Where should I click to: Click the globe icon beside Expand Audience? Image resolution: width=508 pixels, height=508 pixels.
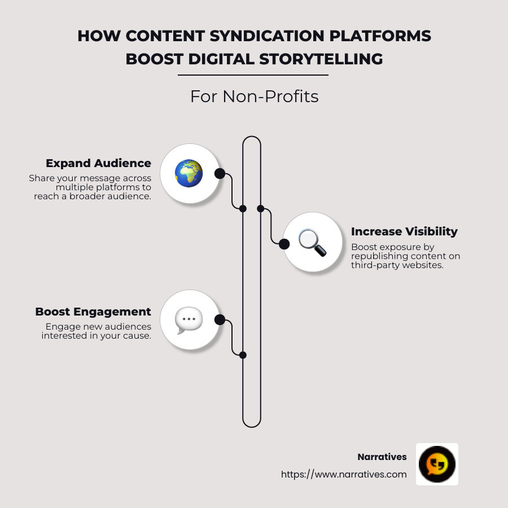pyautogui.click(x=189, y=173)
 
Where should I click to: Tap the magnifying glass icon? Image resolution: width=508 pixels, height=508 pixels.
pyautogui.click(x=312, y=242)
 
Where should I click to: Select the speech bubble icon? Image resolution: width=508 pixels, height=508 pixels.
pyautogui.click(x=189, y=320)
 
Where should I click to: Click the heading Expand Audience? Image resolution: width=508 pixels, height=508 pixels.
pyautogui.click(x=98, y=163)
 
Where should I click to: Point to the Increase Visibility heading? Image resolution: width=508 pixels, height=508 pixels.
pyautogui.click(x=404, y=231)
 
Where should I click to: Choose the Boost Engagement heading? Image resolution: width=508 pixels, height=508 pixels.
pyautogui.click(x=93, y=312)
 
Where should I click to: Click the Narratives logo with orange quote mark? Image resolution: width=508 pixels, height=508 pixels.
pyautogui.click(x=437, y=464)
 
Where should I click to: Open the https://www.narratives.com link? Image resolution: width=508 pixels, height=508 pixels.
pyautogui.click(x=344, y=474)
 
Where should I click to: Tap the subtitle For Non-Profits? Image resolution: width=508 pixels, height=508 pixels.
pyautogui.click(x=254, y=97)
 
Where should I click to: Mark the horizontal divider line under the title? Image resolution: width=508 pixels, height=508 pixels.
pyautogui.click(x=253, y=75)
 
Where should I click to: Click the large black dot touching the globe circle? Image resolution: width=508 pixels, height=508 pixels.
pyautogui.click(x=220, y=173)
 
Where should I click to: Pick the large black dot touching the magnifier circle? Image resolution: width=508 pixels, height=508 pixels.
pyautogui.click(x=284, y=244)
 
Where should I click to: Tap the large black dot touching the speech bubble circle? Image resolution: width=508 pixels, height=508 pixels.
pyautogui.click(x=220, y=320)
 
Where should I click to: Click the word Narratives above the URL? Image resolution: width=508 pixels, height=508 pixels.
pyautogui.click(x=382, y=457)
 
